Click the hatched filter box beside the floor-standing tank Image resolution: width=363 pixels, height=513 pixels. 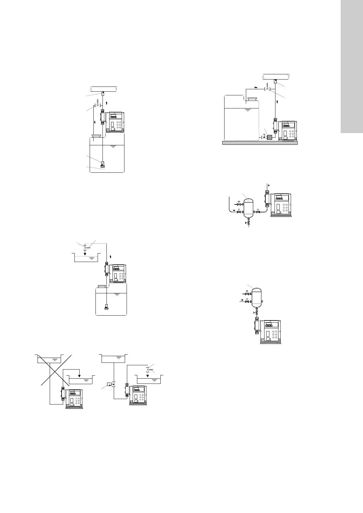point(269,137)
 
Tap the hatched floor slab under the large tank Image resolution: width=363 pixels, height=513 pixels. point(260,143)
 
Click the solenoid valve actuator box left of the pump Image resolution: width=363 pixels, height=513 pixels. point(109,384)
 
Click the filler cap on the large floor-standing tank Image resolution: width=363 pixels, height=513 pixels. point(253,99)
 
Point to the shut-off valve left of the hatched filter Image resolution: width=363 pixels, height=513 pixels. point(264,136)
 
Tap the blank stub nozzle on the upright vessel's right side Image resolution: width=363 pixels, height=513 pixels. point(262,301)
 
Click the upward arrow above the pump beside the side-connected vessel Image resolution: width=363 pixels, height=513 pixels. point(268,186)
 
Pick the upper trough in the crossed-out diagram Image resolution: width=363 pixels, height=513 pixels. point(50,359)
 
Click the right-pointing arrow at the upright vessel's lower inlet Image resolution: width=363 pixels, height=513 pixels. point(243,300)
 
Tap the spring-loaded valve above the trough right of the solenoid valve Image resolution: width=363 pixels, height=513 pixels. point(148,369)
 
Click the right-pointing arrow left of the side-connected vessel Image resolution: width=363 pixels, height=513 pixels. point(234,210)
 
